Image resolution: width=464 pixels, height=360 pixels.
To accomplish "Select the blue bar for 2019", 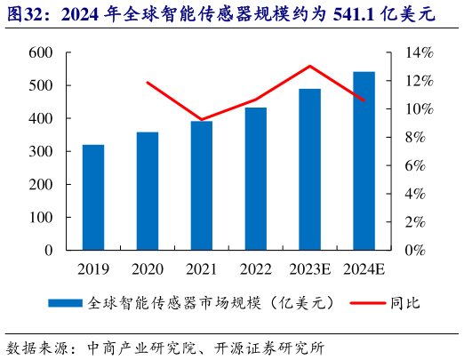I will coord(93,197).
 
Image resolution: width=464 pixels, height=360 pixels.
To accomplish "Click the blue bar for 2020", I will coord(148,191).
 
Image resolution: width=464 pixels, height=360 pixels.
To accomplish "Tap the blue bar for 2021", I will coord(202,186).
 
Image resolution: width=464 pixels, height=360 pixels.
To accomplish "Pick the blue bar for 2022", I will coord(256,179).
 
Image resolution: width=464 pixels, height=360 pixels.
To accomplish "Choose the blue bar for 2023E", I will coord(309,170).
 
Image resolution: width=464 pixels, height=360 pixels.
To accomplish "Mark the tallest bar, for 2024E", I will coord(364,161).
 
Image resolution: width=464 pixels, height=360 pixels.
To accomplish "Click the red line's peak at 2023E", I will coord(309,66).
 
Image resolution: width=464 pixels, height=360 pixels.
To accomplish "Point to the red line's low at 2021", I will coord(202,119).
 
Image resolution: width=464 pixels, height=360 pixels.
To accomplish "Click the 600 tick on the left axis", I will coord(41,52).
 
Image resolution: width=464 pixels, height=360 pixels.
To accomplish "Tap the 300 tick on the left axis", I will coord(41,151).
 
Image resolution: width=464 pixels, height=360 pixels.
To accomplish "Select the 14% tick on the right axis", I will coord(420,52).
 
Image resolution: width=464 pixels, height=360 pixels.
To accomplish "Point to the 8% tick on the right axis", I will coord(420,137).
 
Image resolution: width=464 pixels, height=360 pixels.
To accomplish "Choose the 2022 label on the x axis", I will coord(256,268).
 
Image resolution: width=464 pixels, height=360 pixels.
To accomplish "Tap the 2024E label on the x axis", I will coord(364,268).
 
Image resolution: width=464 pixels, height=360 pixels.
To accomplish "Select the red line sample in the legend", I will coord(364,303).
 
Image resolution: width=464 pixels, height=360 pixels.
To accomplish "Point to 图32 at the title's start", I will coord(25,16).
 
